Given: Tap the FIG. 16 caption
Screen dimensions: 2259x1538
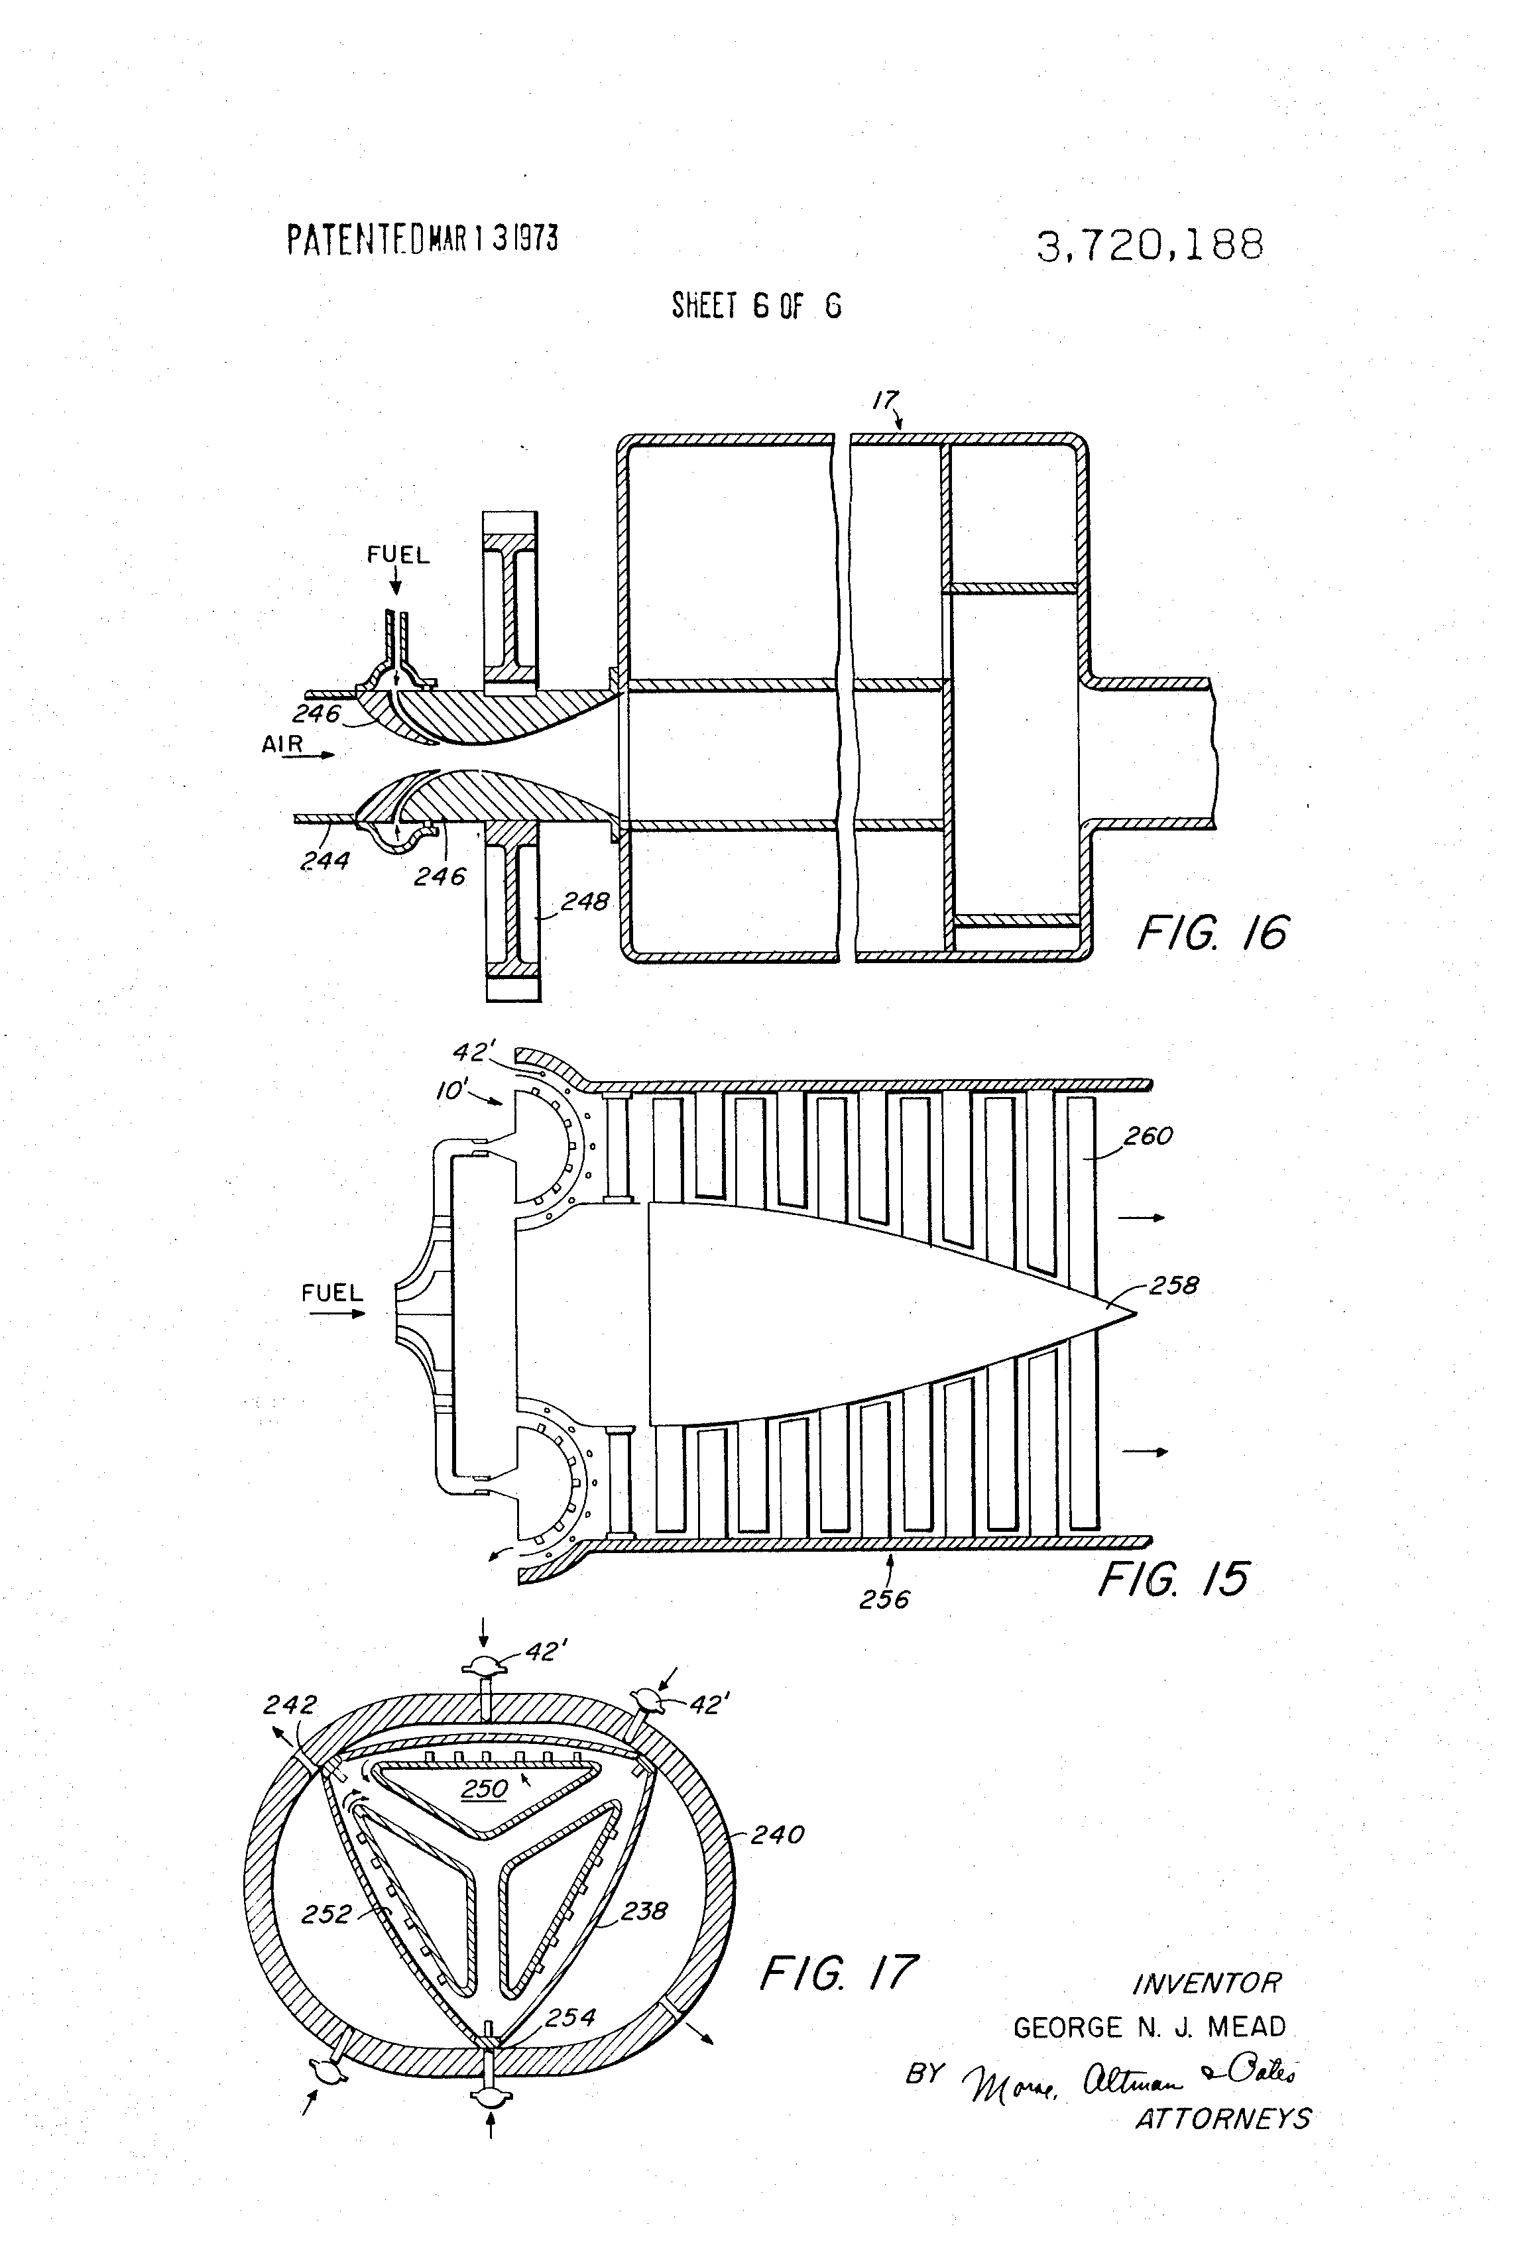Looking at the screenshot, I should point(1211,933).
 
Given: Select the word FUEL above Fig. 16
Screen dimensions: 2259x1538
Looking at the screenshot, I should point(398,555).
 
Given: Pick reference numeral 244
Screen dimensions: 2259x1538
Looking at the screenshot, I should point(325,860).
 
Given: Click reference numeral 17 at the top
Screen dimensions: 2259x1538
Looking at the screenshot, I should point(884,400).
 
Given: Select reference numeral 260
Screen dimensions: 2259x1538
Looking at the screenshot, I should point(1148,1135).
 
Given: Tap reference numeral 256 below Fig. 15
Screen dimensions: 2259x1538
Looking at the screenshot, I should point(884,1599).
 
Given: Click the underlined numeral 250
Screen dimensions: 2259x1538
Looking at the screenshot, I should point(484,1788).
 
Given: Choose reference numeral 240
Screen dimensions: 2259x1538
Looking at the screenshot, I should point(777,1834).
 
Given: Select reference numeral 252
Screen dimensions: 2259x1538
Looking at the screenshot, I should point(325,1914).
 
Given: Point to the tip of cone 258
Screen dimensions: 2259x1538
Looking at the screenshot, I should point(1134,1314).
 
